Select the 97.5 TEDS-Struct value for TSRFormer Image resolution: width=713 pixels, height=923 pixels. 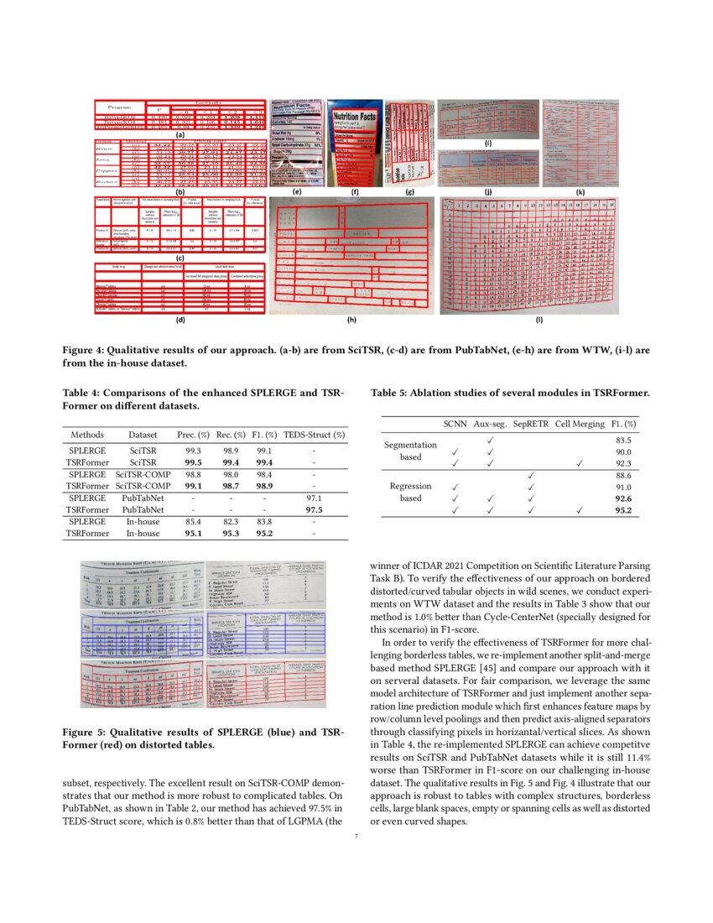tap(315, 508)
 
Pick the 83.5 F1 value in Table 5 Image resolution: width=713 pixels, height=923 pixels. tap(622, 440)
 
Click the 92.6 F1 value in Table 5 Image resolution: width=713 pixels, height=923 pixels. tap(622, 499)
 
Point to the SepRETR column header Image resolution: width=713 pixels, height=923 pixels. tap(530, 425)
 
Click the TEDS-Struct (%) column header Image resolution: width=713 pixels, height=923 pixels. tap(315, 435)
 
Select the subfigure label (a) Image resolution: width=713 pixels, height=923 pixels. tap(180, 134)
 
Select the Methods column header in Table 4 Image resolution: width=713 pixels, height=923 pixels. tap(87, 435)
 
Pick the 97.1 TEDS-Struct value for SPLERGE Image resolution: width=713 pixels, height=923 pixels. tap(315, 498)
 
